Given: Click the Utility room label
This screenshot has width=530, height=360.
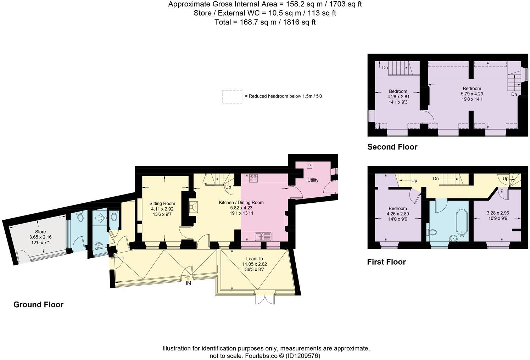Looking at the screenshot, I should (x=312, y=180).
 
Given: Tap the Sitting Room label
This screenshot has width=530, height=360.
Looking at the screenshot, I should (x=162, y=203).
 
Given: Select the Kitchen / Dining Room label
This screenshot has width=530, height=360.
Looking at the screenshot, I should (x=241, y=202).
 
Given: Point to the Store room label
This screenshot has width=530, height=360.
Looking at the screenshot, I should (x=40, y=232).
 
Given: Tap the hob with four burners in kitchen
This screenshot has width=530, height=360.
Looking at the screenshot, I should (x=254, y=178).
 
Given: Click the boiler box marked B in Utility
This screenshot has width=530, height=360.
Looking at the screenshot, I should (x=309, y=165).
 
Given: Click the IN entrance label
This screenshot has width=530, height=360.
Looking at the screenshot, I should (x=188, y=283).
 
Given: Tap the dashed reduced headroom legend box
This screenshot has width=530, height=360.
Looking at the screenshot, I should (x=232, y=96).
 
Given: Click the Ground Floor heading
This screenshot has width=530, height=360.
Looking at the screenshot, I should (x=38, y=305).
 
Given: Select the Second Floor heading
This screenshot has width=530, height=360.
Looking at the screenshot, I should (x=392, y=147).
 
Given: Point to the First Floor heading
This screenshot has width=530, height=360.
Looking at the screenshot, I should (x=386, y=262).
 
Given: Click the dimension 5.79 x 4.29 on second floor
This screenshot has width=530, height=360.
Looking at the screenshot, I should (x=472, y=94).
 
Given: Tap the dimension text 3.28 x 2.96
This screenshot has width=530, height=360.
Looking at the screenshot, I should (x=497, y=213).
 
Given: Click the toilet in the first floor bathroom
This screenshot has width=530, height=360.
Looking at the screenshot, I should (x=432, y=232).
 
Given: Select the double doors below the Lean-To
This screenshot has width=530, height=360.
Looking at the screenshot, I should (x=264, y=299).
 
